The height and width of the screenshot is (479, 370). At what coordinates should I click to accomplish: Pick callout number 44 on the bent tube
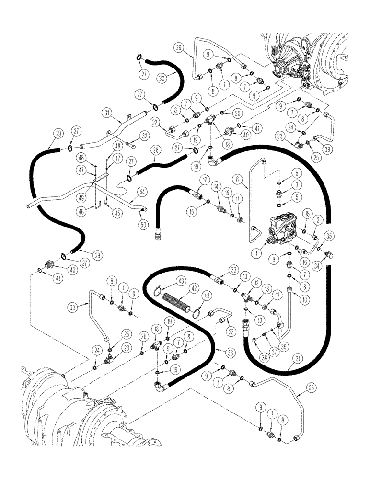[x=142, y=191]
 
